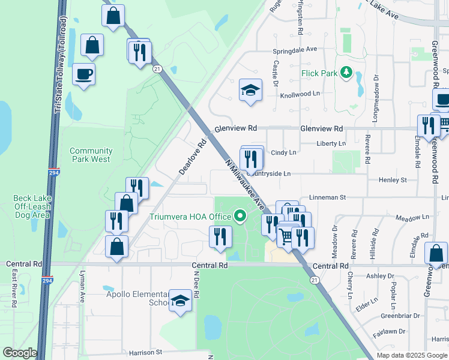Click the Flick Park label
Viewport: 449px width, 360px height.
click(319, 73)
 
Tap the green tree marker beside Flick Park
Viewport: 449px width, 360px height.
click(346, 73)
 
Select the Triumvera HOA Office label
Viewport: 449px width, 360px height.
click(191, 216)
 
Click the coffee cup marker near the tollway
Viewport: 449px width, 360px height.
click(83, 74)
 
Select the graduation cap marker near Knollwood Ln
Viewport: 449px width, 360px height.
click(250, 90)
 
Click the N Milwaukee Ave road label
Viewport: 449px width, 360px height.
click(245, 184)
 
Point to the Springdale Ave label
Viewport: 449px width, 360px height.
click(294, 50)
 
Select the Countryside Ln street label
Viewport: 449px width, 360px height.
click(268, 173)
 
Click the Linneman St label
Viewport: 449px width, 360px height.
click(328, 197)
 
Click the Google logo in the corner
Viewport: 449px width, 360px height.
click(20, 353)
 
